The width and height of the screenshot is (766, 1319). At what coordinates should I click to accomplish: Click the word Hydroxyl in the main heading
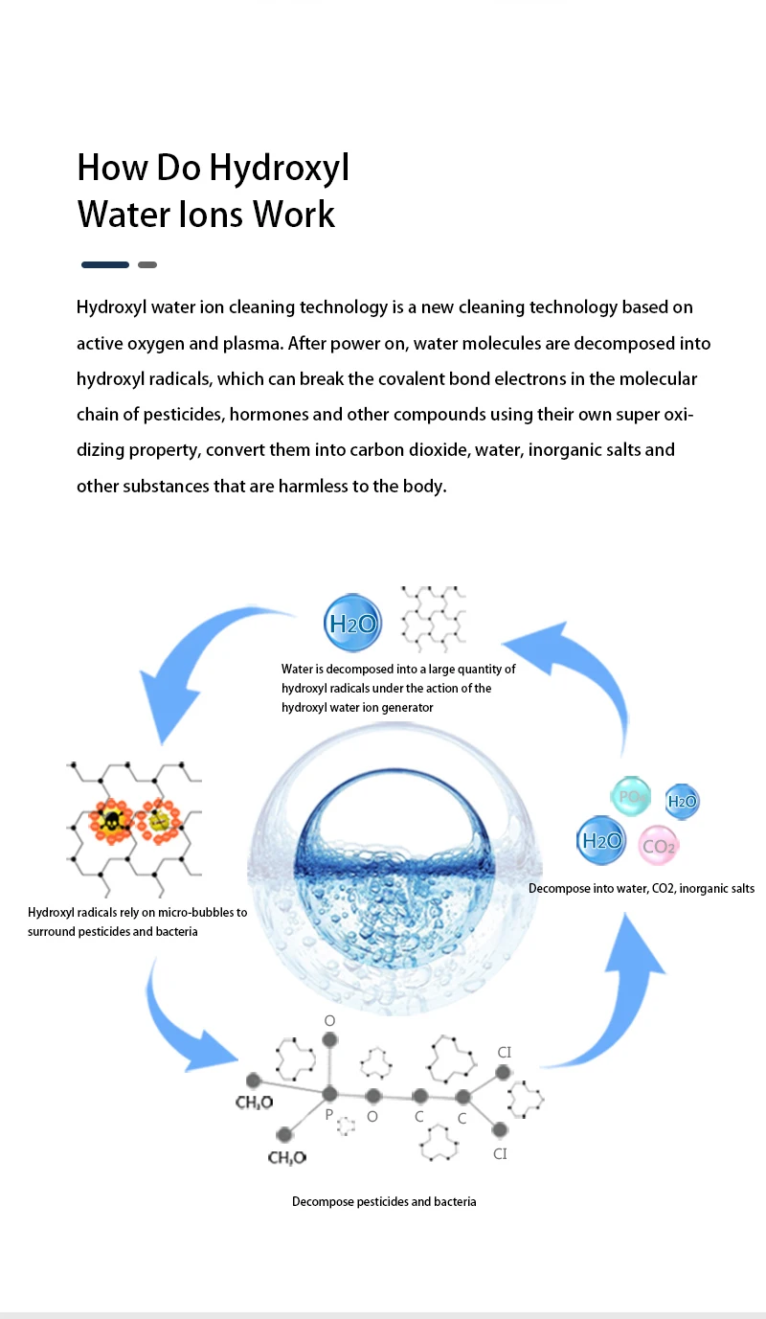pyautogui.click(x=280, y=169)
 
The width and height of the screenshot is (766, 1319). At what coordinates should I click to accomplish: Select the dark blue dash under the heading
pyautogui.click(x=105, y=264)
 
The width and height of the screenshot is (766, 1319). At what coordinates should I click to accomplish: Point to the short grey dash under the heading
pyautogui.click(x=147, y=264)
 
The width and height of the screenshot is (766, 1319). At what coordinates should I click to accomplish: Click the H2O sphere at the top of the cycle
pyautogui.click(x=352, y=624)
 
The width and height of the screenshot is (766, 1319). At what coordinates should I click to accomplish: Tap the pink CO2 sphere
pyautogui.click(x=659, y=846)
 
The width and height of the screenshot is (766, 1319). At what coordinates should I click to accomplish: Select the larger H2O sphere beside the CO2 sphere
pyautogui.click(x=601, y=841)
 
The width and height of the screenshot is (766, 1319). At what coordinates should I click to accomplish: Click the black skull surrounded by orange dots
pyautogui.click(x=112, y=821)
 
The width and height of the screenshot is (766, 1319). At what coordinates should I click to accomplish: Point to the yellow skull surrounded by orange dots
pyautogui.click(x=159, y=820)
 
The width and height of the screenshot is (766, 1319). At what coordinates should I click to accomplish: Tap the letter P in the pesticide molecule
pyautogui.click(x=328, y=1115)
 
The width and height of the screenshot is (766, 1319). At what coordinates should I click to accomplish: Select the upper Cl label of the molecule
pyautogui.click(x=505, y=1052)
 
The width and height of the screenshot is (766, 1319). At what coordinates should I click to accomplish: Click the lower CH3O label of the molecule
pyautogui.click(x=286, y=1159)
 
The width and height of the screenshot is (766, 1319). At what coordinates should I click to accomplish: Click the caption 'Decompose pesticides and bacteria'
pyautogui.click(x=384, y=1201)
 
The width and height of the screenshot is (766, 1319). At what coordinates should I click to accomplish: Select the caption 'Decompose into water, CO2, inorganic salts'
pyautogui.click(x=642, y=889)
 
